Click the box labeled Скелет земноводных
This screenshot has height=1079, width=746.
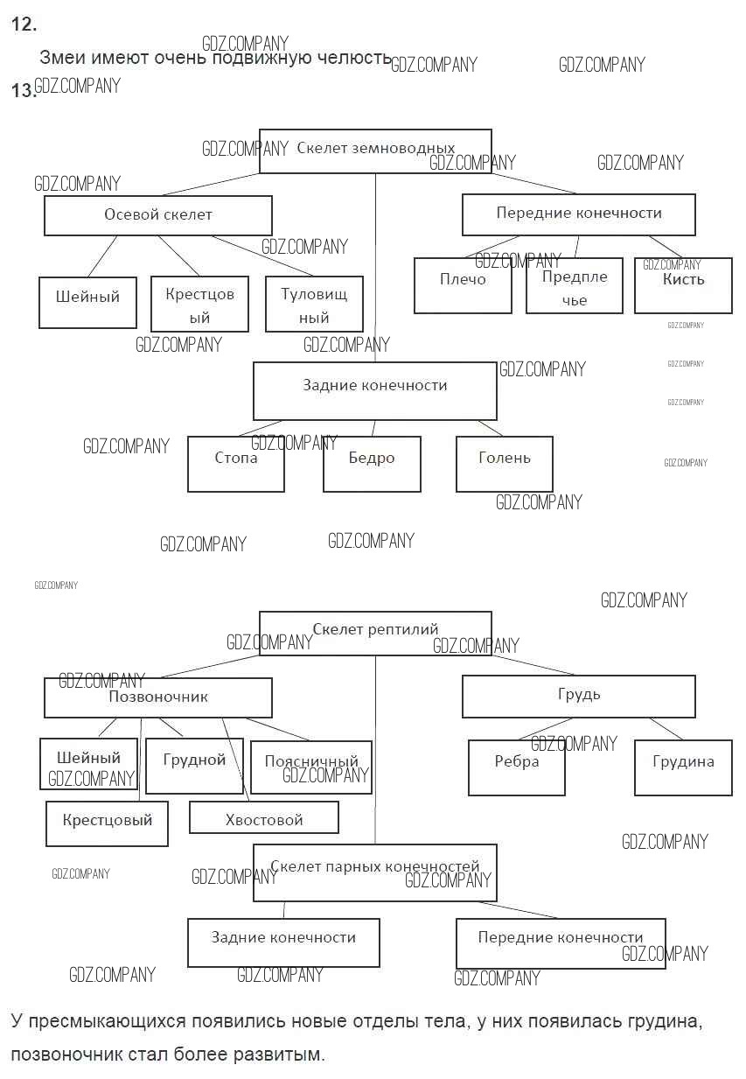pyautogui.click(x=375, y=151)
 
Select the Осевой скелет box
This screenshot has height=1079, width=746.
pyautogui.click(x=158, y=215)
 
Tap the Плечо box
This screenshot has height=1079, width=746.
pyautogui.click(x=463, y=285)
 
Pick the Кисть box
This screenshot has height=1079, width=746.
pyautogui.click(x=683, y=285)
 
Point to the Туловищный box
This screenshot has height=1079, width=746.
pyautogui.click(x=314, y=305)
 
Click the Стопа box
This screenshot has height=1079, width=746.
pyautogui.click(x=236, y=463)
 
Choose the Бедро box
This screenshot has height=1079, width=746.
pyautogui.click(x=372, y=463)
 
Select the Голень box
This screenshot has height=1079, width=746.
pyautogui.click(x=505, y=463)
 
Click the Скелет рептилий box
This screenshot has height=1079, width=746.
pyautogui.click(x=375, y=632)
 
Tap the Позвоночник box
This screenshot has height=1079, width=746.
pyautogui.click(x=158, y=697)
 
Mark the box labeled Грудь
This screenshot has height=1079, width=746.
pyautogui.click(x=578, y=697)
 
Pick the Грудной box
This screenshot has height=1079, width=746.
pyautogui.click(x=194, y=766)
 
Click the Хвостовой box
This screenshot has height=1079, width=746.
pyautogui.click(x=264, y=818)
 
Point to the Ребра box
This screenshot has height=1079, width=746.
pyautogui.click(x=517, y=767)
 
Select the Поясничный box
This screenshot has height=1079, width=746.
pyautogui.click(x=311, y=767)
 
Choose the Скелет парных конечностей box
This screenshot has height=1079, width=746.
pyautogui.click(x=375, y=872)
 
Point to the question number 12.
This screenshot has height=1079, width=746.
pyautogui.click(x=24, y=25)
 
